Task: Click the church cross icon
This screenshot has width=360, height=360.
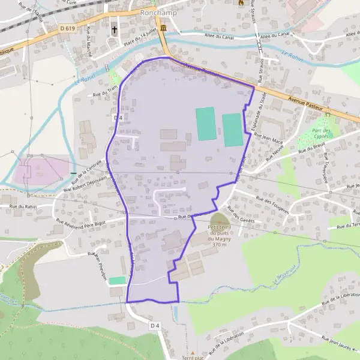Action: coord(114,28)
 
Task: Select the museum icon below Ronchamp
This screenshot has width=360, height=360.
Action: coord(163,28)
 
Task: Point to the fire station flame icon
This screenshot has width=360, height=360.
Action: coord(241,3)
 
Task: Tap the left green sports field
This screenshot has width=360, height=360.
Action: coord(205,124)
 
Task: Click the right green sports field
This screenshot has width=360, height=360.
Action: coord(232,129)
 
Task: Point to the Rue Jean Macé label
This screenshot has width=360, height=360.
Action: coord(269,138)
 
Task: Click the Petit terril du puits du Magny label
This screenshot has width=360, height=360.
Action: coord(220,235)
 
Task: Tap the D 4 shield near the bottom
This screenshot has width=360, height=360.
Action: coord(155,325)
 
